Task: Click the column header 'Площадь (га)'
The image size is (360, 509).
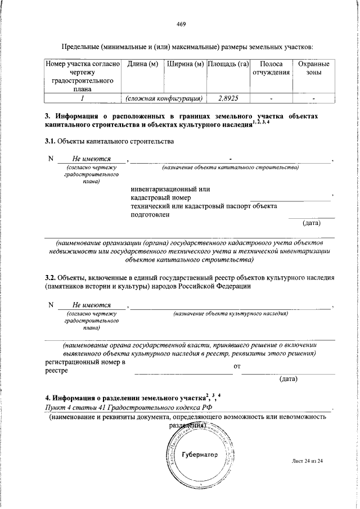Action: coord(228,64)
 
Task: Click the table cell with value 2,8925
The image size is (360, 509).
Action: coord(228,98)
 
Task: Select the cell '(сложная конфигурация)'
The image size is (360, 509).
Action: coord(164,98)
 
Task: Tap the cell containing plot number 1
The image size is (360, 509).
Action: coord(83,98)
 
